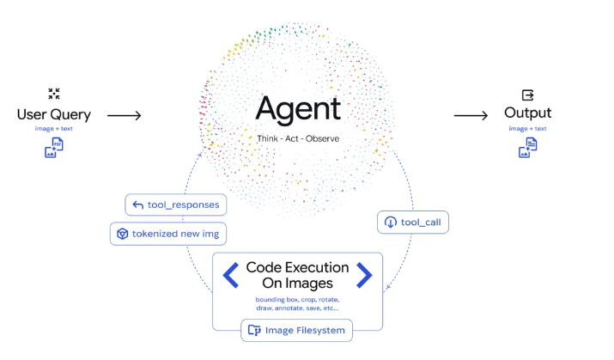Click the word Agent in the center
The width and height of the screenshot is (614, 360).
298,108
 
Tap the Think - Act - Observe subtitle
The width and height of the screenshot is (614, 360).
298,138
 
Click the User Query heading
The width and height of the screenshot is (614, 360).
54,115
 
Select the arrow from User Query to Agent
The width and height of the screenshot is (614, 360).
125,115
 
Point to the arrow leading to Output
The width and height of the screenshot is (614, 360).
471,115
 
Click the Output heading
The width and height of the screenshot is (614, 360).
527,113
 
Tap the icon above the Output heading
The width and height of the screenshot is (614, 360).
527,95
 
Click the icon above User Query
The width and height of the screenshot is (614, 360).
54,94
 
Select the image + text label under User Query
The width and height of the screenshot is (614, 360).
54,129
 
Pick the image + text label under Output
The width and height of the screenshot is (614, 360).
527,129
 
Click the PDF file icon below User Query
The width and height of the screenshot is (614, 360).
54,148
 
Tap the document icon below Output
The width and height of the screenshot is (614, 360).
527,148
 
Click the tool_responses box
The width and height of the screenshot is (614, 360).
176,204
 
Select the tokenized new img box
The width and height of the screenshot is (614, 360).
168,234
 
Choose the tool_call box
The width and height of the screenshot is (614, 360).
413,223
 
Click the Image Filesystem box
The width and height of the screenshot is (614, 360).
296,330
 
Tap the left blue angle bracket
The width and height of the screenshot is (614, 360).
231,276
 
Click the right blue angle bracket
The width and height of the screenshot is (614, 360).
364,276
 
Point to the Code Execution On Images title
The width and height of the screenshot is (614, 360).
298,275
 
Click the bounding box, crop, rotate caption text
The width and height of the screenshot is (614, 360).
298,304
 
